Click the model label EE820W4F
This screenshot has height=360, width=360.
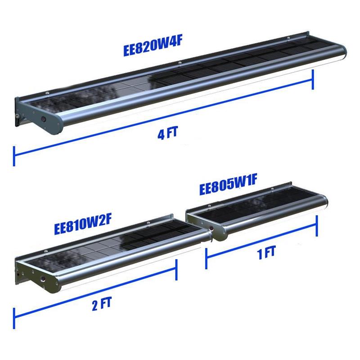coord(153,47)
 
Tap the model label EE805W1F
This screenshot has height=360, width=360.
coord(228,184)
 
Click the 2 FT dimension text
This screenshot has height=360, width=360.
coord(102,303)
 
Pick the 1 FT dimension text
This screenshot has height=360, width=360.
coord(266,253)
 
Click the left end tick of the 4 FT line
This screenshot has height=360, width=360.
coord(14,156)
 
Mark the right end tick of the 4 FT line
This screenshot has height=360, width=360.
coord(313,80)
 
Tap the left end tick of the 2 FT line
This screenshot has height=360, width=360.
coord(14,318)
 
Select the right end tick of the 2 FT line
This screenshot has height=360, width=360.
coord(176,270)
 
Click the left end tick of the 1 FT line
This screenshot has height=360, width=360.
coord(206,258)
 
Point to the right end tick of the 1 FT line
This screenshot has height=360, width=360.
coord(317,226)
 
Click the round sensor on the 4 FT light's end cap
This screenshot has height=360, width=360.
coord(43,119)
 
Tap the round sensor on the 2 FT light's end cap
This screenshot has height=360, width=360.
coord(43,279)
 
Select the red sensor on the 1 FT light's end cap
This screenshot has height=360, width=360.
coord(211,228)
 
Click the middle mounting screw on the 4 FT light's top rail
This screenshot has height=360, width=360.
coord(180,62)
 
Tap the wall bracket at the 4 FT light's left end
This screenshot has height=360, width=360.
coord(18,112)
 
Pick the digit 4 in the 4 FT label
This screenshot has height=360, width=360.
coord(161,135)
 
